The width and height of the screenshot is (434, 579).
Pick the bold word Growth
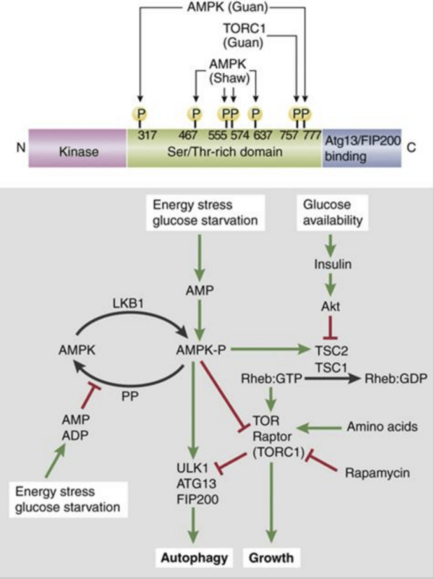(x=273, y=559)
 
